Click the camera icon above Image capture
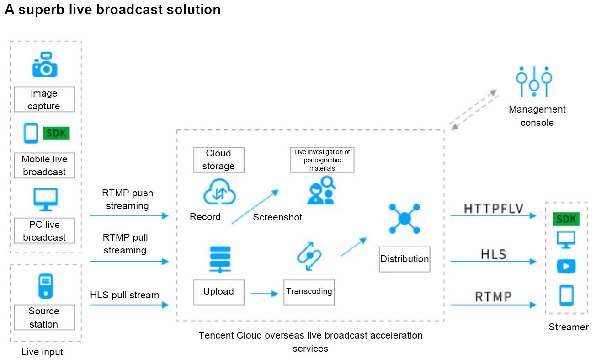pos(44,65)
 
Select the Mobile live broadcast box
pos(44,166)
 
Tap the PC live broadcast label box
pos(44,231)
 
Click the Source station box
pos(44,317)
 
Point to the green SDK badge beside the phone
pos(57,133)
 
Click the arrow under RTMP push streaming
pos(129,215)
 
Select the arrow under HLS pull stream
pos(129,304)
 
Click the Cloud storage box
pos(218,160)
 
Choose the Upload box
pos(218,292)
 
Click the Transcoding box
pos(309,292)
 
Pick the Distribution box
pos(404,259)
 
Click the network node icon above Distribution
pos(404,219)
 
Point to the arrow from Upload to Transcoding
pos(264,294)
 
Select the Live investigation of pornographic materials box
pos(322,160)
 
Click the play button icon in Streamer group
pos(566,266)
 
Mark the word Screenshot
pos(277,217)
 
